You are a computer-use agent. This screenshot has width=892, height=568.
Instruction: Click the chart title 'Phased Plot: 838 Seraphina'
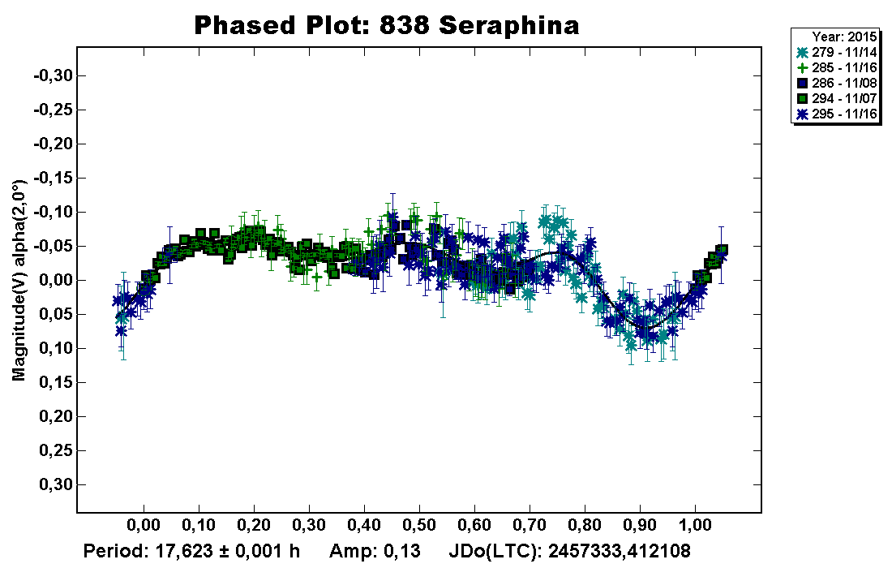click(x=387, y=25)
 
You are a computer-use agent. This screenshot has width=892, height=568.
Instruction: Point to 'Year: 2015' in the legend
click(x=843, y=37)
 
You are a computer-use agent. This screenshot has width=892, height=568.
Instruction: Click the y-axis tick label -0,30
click(x=53, y=76)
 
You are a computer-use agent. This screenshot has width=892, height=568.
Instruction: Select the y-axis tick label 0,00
click(x=56, y=281)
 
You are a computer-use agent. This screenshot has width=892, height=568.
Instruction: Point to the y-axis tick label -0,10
click(x=53, y=213)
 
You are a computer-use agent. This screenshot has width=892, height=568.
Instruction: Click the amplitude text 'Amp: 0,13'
click(x=375, y=552)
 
